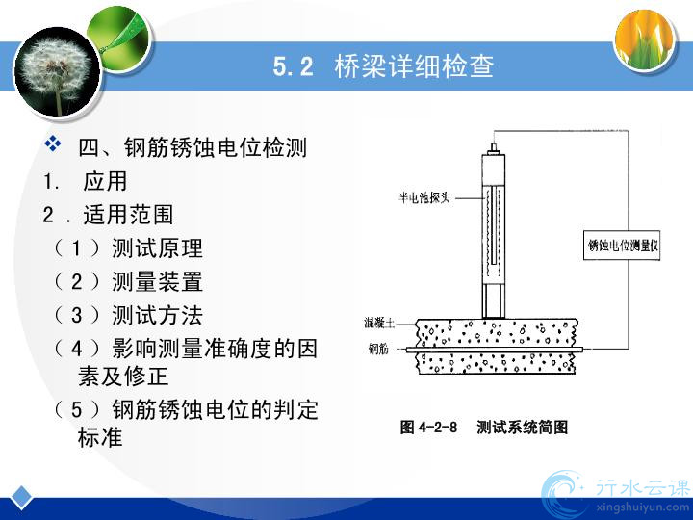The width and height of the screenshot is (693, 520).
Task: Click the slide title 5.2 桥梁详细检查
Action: (383, 66)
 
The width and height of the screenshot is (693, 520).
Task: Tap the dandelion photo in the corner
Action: (58, 73)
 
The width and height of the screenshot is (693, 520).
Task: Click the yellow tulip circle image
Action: (646, 39)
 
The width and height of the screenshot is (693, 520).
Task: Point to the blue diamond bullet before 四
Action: (53, 143)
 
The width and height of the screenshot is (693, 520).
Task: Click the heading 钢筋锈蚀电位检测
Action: (216, 147)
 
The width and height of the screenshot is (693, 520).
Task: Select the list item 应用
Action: (105, 181)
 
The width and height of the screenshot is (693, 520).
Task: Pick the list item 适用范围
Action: (128, 215)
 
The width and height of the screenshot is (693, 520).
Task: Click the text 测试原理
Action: (157, 248)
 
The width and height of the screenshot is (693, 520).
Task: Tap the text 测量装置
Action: (157, 281)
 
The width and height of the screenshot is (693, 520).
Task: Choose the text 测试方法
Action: (157, 315)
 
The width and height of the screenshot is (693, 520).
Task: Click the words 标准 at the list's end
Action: (100, 437)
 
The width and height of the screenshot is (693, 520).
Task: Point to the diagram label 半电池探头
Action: (423, 197)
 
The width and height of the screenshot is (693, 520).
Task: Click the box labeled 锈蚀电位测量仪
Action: (622, 245)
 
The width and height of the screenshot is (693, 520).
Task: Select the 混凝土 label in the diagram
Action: (379, 323)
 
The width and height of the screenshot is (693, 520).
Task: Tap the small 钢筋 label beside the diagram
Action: (378, 350)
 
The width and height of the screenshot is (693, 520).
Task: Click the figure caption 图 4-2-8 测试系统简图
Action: (484, 428)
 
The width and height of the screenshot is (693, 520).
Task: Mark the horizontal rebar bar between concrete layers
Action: (495, 350)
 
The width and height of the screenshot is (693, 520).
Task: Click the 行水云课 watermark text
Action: (642, 487)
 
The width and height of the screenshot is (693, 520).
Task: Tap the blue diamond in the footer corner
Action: (21, 498)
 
